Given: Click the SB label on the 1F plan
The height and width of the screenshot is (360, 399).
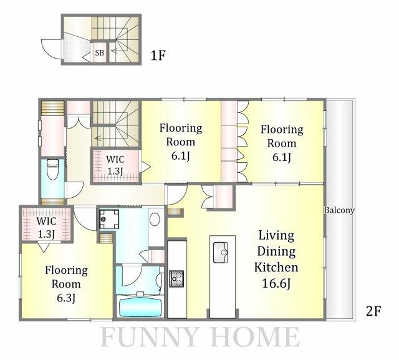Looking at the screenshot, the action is point(100,52).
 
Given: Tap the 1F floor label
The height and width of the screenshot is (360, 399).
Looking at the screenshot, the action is point(158,56).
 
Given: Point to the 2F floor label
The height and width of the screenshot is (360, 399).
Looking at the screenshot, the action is point(373,311).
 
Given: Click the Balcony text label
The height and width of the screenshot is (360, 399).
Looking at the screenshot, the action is point(339,210).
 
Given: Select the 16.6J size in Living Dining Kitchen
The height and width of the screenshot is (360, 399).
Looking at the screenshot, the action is point(276,283).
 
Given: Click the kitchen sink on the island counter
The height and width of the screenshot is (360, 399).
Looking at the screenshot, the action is point(220,252).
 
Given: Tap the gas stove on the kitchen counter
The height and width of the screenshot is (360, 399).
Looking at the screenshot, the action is point(176,278).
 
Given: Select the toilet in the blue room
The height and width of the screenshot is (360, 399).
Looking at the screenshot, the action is point(53,169).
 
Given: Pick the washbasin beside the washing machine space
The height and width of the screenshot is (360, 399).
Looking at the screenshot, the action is point(155,219).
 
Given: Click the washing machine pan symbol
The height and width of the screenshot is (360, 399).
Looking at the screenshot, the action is point(109,219).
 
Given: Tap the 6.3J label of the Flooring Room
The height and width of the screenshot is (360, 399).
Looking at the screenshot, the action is point(66,298).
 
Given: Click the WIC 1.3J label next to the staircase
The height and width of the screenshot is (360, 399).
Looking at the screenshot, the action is point(115,165).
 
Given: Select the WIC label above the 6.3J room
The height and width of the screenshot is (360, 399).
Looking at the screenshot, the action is point(46,221).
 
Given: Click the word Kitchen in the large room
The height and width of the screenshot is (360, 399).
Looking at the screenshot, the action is point(276,267).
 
